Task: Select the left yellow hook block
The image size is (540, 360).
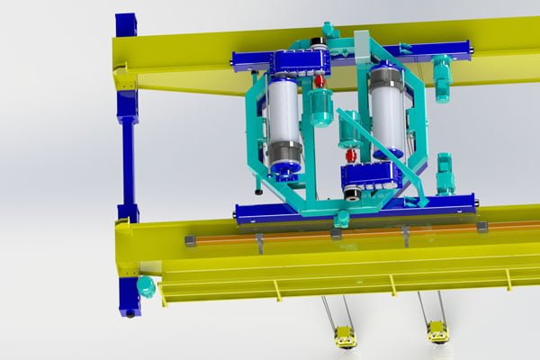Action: (345, 337)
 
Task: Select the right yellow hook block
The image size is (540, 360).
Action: (437, 332)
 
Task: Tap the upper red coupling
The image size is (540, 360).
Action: (319, 82)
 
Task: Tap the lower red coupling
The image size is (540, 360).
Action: (352, 156)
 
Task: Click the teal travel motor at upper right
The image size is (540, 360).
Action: (442, 76)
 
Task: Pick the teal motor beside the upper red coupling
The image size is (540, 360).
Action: (320, 106)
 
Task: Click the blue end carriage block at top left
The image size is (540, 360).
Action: (126, 24)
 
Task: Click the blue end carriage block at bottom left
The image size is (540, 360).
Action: (130, 296)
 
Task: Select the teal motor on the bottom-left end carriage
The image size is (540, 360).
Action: (146, 286)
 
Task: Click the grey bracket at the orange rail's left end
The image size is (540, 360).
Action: (190, 241)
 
